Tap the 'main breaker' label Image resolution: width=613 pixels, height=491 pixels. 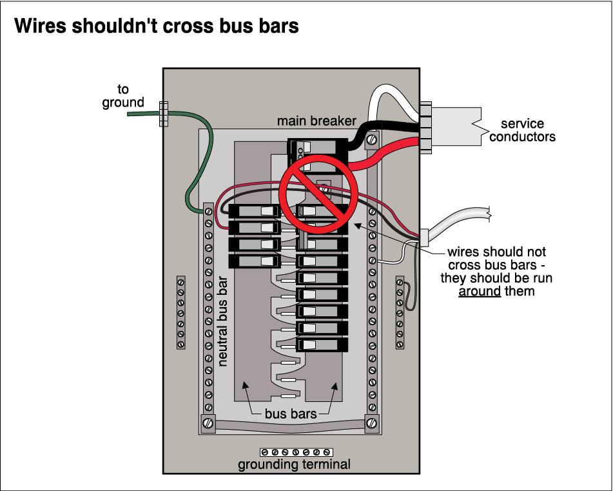[316, 121]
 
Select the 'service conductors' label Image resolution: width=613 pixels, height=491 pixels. [522, 130]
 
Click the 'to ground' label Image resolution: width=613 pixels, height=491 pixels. [122, 96]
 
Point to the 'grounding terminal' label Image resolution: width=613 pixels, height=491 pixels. [294, 465]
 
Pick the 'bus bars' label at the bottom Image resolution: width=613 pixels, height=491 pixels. [291, 414]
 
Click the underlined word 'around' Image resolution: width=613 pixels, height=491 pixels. [480, 292]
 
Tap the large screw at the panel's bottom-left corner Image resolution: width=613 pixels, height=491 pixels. [208, 423]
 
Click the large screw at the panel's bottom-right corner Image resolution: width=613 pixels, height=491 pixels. [372, 423]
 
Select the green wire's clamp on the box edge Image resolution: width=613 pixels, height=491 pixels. [162, 114]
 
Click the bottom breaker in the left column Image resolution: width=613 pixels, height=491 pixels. [253, 261]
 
